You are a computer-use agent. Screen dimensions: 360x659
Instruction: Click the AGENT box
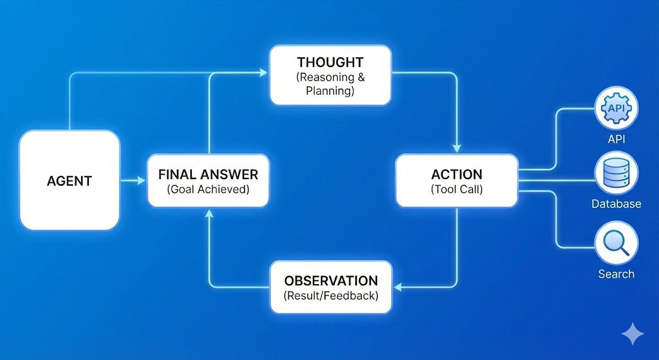tap(70, 180)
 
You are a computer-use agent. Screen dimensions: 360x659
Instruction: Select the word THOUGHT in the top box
tap(330, 62)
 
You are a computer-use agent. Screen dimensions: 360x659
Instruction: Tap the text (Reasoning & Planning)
tap(330, 84)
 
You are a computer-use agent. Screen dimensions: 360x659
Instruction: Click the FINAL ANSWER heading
tap(208, 174)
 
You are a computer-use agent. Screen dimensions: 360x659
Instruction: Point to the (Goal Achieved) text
tap(208, 189)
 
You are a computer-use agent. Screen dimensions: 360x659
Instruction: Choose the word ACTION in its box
tap(456, 174)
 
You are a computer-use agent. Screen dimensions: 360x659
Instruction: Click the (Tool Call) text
tap(456, 189)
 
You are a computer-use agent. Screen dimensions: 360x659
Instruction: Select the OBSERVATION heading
tap(331, 281)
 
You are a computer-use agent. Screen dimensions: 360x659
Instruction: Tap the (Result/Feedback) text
tap(331, 296)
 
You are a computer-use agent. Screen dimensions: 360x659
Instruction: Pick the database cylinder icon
tap(616, 173)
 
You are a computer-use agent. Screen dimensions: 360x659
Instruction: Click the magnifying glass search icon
tap(616, 243)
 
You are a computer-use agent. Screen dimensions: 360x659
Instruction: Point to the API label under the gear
tap(616, 139)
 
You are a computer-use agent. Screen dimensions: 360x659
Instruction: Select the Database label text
tap(616, 204)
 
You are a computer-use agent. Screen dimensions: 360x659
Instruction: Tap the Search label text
tap(616, 274)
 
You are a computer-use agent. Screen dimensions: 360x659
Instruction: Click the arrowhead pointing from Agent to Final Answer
tap(142, 180)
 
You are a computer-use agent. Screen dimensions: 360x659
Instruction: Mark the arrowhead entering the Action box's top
tap(456, 149)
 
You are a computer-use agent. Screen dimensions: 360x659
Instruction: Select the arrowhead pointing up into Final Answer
tap(208, 213)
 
